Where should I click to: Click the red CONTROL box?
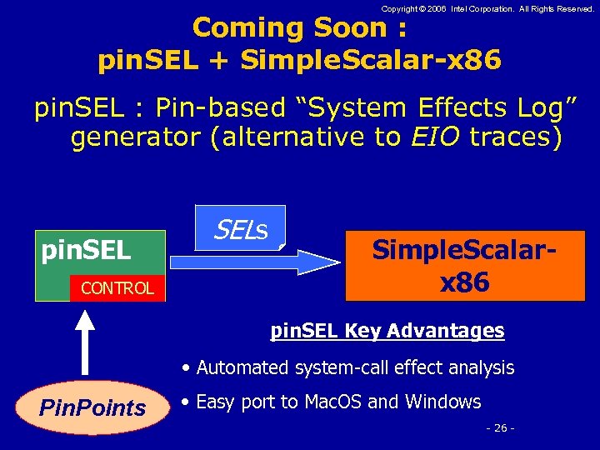tap(117, 288)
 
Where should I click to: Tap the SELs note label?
tap(241, 227)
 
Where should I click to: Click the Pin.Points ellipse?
tap(92, 408)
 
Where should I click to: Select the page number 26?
tap(500, 428)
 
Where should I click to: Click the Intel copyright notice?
tap(487, 8)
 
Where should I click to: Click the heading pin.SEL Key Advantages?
tap(387, 331)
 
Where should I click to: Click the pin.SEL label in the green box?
tap(87, 249)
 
